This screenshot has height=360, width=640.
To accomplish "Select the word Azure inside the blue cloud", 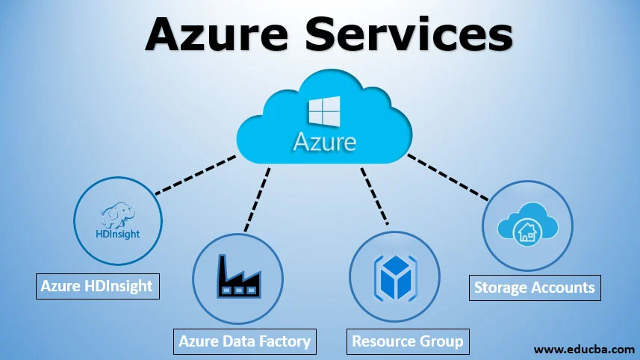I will pyautogui.click(x=324, y=141).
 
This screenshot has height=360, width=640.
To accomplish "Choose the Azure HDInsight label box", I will pyautogui.click(x=97, y=286).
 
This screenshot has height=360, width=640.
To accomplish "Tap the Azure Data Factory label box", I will pyautogui.click(x=244, y=341).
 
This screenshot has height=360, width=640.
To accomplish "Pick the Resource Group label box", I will pyautogui.click(x=408, y=341).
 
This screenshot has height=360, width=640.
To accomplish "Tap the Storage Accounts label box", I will pyautogui.click(x=534, y=287).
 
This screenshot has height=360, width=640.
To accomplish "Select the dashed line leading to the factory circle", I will pyautogui.click(x=258, y=197).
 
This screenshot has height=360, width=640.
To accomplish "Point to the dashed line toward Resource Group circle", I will pyautogui.click(x=374, y=195).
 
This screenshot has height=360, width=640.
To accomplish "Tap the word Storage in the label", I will pyautogui.click(x=501, y=287).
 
